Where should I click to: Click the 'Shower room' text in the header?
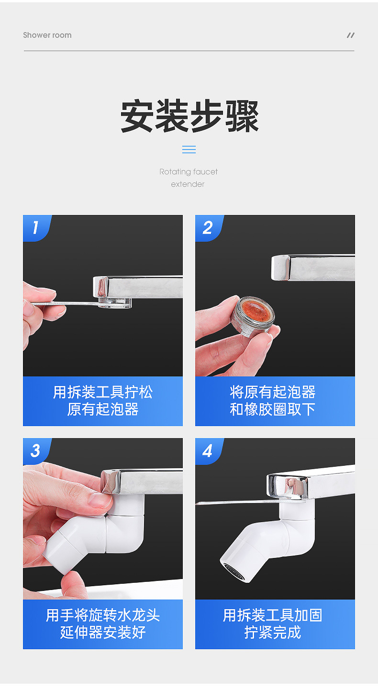(47, 35)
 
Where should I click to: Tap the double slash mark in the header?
(350, 35)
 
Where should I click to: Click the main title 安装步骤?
(189, 116)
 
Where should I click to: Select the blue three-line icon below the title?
(189, 150)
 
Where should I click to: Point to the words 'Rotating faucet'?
(189, 171)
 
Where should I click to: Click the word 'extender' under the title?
(188, 184)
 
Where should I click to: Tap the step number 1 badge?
(36, 228)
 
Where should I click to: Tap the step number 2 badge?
(209, 228)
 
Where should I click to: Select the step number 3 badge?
(36, 451)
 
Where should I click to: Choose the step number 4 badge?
(209, 451)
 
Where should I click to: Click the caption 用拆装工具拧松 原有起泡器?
(103, 401)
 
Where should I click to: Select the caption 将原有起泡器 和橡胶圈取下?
(273, 401)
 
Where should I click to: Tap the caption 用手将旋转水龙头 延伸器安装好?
(103, 623)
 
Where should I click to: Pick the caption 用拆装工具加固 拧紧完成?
(273, 623)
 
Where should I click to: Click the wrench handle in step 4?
(238, 502)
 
